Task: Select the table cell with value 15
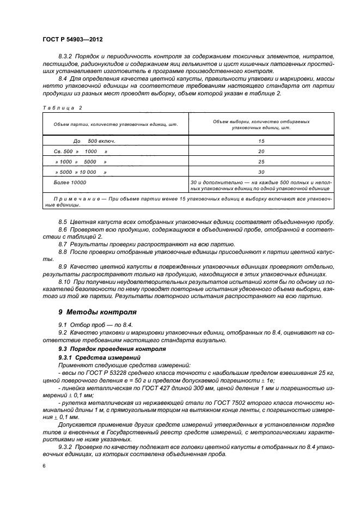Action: point(261,141)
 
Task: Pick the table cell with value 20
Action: point(261,151)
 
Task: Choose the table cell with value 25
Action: point(261,162)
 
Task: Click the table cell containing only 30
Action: point(261,172)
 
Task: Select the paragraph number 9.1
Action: point(63,325)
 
